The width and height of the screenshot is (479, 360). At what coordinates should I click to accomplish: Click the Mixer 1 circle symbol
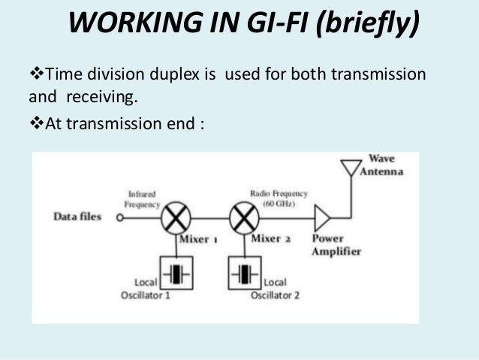click(x=178, y=218)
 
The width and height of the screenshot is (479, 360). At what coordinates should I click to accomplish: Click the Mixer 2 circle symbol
click(x=243, y=218)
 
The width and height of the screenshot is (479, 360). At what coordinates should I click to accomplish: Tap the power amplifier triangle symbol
click(x=322, y=218)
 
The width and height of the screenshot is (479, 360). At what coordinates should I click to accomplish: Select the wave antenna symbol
click(x=351, y=168)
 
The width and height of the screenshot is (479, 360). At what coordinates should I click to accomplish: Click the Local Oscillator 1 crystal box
click(x=177, y=271)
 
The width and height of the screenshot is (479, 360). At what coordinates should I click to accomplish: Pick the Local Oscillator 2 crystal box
click(x=243, y=271)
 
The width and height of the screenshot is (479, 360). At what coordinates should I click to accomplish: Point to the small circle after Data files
click(x=119, y=218)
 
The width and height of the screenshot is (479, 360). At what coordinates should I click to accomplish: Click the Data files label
click(x=77, y=217)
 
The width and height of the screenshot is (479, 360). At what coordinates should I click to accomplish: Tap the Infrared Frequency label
click(x=144, y=199)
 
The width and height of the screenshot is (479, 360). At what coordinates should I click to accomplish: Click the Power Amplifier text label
click(x=336, y=246)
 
